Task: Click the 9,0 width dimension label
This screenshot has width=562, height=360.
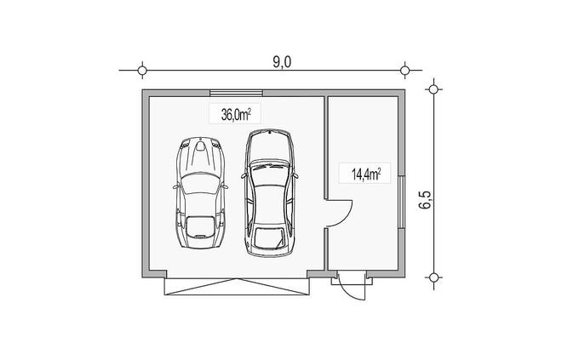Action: (x=282, y=62)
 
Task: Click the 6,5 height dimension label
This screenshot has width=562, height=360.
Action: (x=426, y=199)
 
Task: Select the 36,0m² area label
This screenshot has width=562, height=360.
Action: (x=236, y=115)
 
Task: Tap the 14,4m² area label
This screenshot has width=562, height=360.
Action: (x=365, y=174)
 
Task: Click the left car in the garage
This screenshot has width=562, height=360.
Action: (x=201, y=192)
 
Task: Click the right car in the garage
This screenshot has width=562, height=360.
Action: (x=270, y=193)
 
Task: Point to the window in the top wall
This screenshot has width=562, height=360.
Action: (x=236, y=93)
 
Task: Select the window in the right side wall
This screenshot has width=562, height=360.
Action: (x=402, y=202)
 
